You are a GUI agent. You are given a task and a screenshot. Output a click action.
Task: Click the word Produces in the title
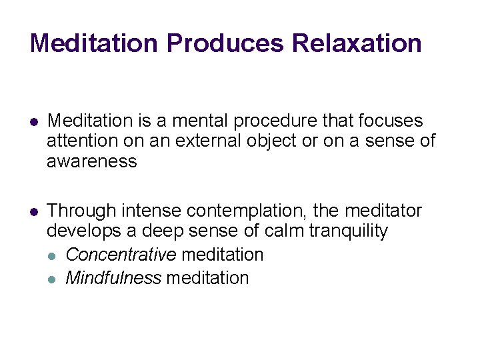[225, 43]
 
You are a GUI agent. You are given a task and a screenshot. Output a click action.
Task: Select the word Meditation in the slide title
[94, 43]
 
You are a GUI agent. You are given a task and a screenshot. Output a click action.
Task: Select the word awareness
[91, 161]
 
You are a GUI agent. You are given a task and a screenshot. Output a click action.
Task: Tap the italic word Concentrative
[121, 255]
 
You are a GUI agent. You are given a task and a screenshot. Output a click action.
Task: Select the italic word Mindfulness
[113, 278]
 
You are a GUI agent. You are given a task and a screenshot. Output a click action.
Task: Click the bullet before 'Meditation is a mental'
[34, 122]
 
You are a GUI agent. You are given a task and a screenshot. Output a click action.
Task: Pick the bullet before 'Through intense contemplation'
[34, 212]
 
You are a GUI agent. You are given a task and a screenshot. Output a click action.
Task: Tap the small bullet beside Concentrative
[53, 255]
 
